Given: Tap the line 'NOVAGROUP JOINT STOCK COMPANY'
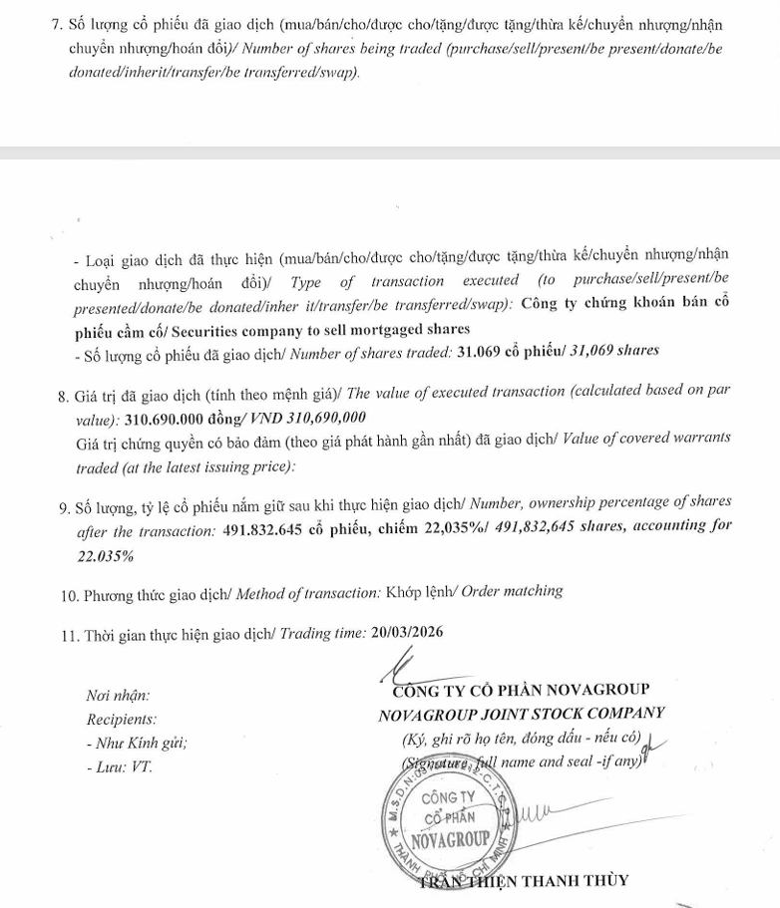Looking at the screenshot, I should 522,714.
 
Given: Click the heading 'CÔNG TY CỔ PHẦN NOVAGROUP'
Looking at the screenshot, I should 522,691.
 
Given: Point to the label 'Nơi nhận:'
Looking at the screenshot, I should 119,696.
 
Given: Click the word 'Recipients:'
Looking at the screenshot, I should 122,719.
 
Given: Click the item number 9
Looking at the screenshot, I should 63,502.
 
